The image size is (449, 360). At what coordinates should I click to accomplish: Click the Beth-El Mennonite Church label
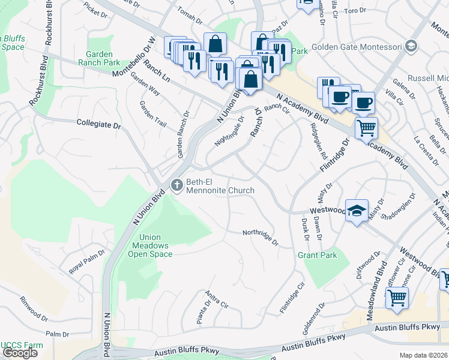pos(220,186)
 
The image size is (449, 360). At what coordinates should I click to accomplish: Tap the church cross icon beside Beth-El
pos(176,186)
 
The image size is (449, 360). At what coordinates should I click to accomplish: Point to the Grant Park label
pos(317,255)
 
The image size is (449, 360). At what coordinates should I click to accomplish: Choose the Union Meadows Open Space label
pos(150,245)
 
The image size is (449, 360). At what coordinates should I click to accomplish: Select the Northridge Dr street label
pos(261,238)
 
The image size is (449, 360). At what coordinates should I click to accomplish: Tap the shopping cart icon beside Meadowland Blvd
pos(397,298)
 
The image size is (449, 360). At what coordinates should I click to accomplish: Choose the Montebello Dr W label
pos(134,57)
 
